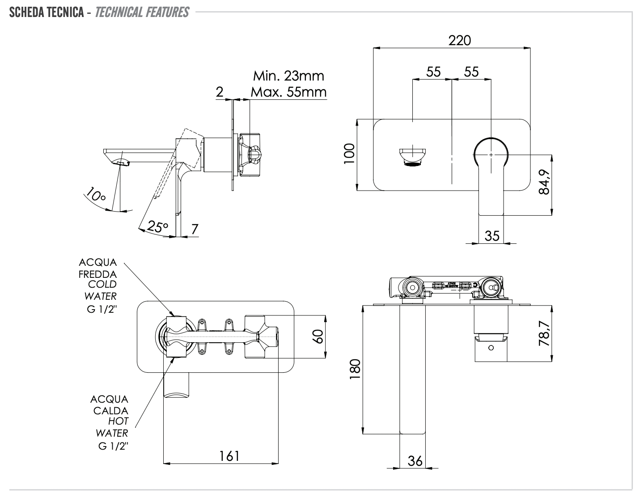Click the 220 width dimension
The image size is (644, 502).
point(460,40)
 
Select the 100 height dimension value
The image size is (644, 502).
point(350,154)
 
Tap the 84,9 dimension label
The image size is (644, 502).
point(544,182)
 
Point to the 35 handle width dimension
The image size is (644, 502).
point(492,235)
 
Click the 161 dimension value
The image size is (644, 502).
point(229,456)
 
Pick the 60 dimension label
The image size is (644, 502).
point(318,336)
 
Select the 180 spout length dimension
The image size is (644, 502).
point(355,369)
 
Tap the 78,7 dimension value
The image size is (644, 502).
point(544,333)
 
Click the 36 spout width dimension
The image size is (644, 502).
point(415,461)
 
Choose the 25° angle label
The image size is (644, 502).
point(157,226)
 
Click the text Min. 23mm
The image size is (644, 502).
point(288,75)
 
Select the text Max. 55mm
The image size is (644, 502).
point(288,92)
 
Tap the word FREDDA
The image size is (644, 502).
point(98,274)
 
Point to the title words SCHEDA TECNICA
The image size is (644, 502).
point(47,12)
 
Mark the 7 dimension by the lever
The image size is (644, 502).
point(195,229)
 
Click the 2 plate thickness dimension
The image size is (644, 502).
point(220,92)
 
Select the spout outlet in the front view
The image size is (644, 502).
point(412,156)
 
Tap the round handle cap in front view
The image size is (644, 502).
point(491,154)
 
